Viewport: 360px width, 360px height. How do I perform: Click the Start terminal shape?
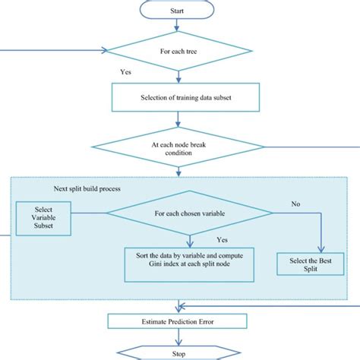pos(176,11)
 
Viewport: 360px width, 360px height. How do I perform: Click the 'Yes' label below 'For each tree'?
pos(127,72)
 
